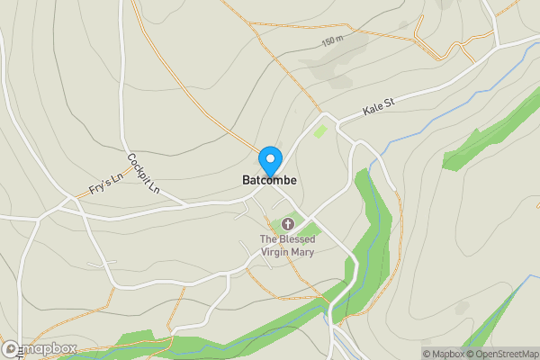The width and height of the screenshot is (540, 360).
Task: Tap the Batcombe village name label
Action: click(269, 181)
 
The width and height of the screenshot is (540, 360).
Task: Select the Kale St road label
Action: click(379, 110)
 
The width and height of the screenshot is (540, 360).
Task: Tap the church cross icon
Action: click(288, 223)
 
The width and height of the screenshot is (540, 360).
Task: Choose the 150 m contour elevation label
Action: click(333, 42)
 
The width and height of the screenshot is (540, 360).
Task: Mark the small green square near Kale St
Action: click(320, 131)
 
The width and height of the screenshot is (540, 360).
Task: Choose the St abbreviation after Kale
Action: click(390, 105)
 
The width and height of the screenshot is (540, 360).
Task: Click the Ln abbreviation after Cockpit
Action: click(153, 190)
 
